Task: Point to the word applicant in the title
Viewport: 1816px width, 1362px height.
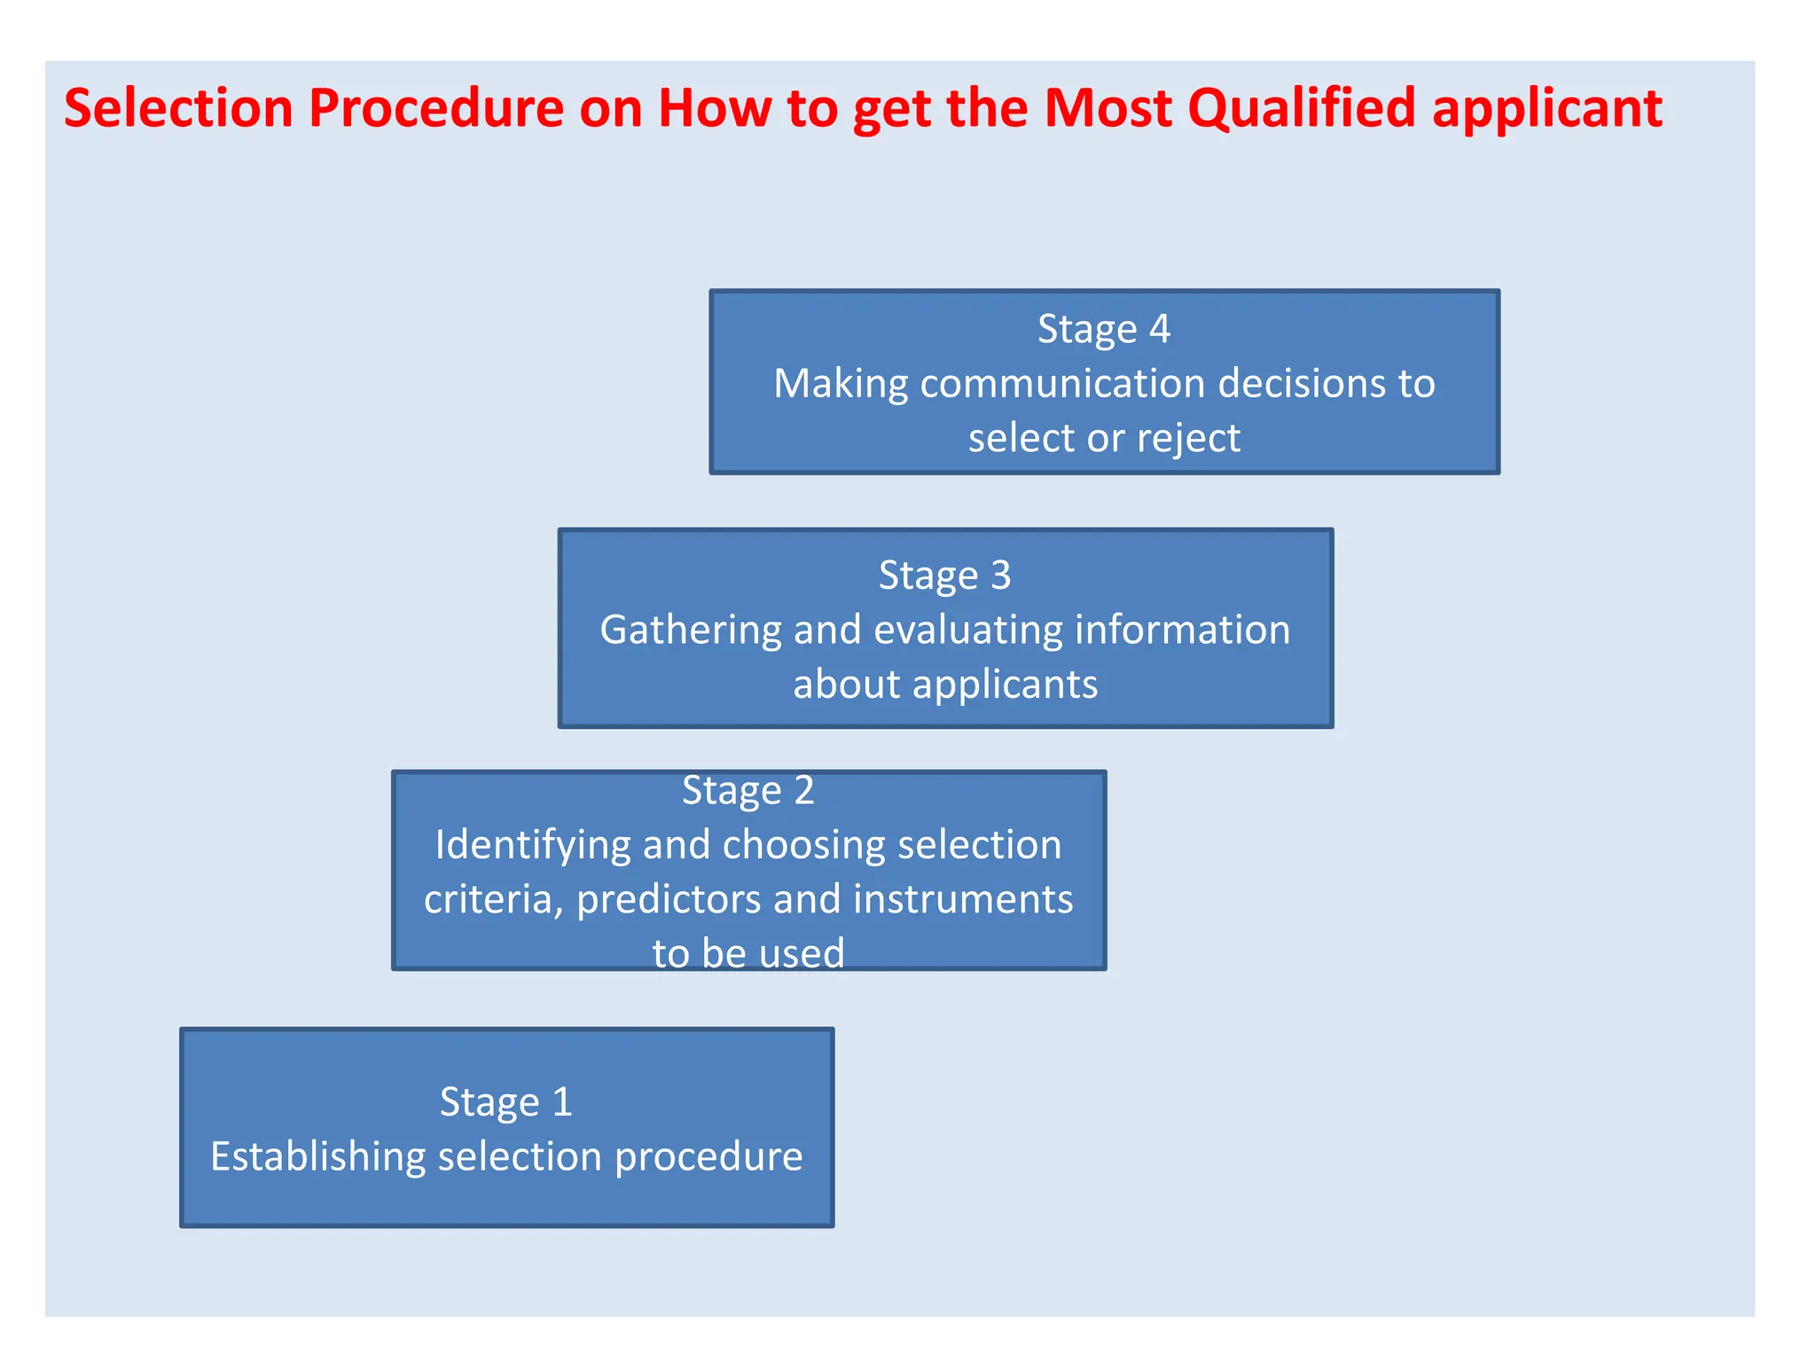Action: (x=1546, y=110)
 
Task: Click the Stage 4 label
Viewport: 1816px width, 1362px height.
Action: (x=1104, y=329)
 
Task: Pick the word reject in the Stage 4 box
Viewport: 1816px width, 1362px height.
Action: (x=1188, y=438)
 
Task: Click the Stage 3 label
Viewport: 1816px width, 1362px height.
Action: (x=944, y=575)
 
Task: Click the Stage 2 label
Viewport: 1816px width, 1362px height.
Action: (x=748, y=790)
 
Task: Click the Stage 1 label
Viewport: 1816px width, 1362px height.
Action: (x=505, y=1102)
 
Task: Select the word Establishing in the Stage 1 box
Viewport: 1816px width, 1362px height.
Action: (x=317, y=1156)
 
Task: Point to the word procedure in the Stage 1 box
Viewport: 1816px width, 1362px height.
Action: (x=708, y=1156)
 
